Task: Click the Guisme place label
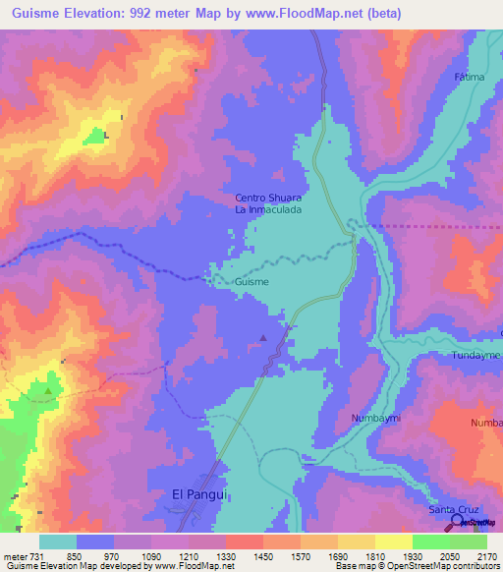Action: point(251,281)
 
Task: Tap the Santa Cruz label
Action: point(455,509)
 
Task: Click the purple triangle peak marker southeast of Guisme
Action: point(262,338)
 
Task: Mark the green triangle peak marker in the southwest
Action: point(48,391)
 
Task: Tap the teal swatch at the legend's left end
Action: point(58,542)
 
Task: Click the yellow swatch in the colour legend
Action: point(394,542)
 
